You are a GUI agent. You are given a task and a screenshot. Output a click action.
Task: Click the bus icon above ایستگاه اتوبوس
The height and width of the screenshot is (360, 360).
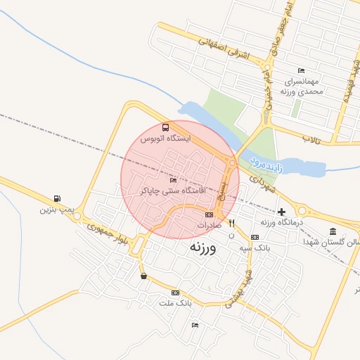coord(165,127)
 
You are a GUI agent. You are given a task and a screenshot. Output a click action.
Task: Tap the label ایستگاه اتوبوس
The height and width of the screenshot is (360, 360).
coord(166,139)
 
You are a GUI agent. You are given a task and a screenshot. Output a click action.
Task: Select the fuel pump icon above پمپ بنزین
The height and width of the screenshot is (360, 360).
coord(56,198)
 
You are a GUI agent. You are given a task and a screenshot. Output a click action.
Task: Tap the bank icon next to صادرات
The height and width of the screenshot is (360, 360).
coord(209,214)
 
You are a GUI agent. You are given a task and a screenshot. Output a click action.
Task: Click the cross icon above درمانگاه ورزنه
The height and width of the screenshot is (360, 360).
coord(281,212)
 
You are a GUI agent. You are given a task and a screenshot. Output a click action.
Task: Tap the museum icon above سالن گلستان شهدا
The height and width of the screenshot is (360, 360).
coord(332,231)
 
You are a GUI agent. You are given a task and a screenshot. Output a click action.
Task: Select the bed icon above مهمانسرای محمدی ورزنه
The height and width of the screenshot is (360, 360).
coord(301,71)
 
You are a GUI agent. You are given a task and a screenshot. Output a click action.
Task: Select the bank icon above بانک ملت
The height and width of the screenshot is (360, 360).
coord(175,292)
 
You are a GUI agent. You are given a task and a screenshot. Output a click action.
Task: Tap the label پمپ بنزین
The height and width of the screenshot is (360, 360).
coord(56,210)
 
